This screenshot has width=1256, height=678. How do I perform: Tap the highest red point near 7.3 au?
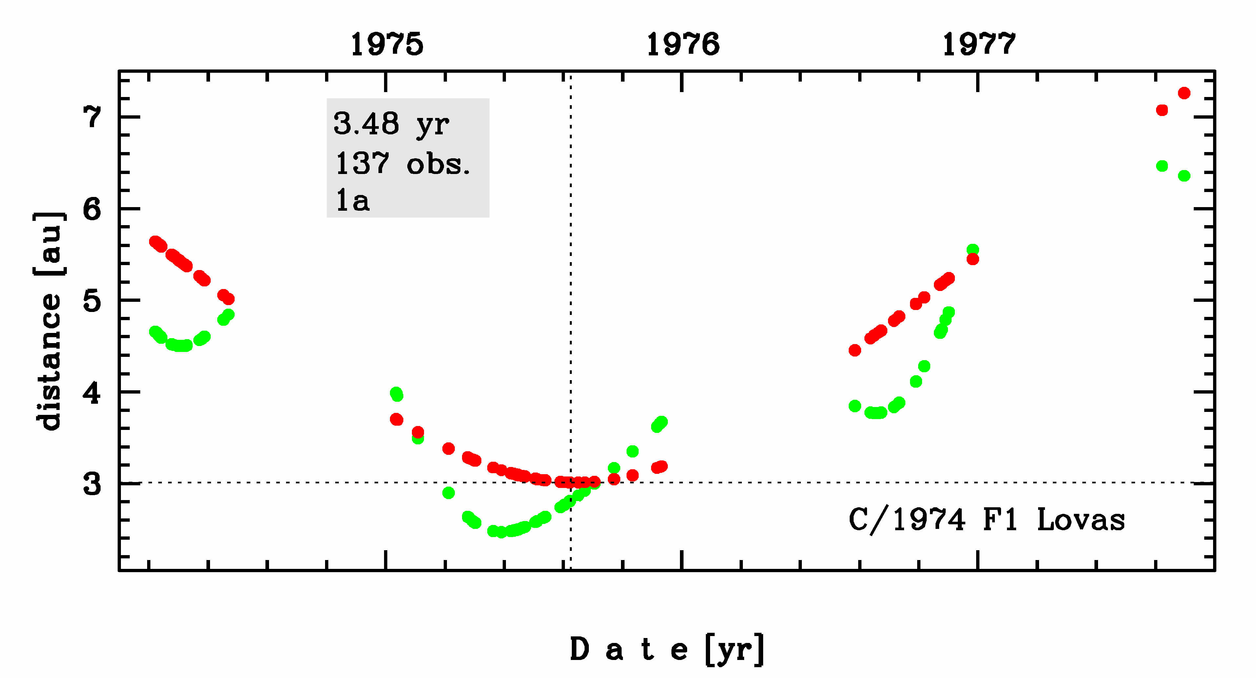(1184, 93)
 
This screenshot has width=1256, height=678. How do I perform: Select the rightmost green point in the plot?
(1184, 176)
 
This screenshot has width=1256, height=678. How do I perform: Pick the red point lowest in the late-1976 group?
(855, 350)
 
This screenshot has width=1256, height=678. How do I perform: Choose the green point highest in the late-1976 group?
(973, 250)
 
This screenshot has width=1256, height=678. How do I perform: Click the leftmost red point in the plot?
(155, 242)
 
